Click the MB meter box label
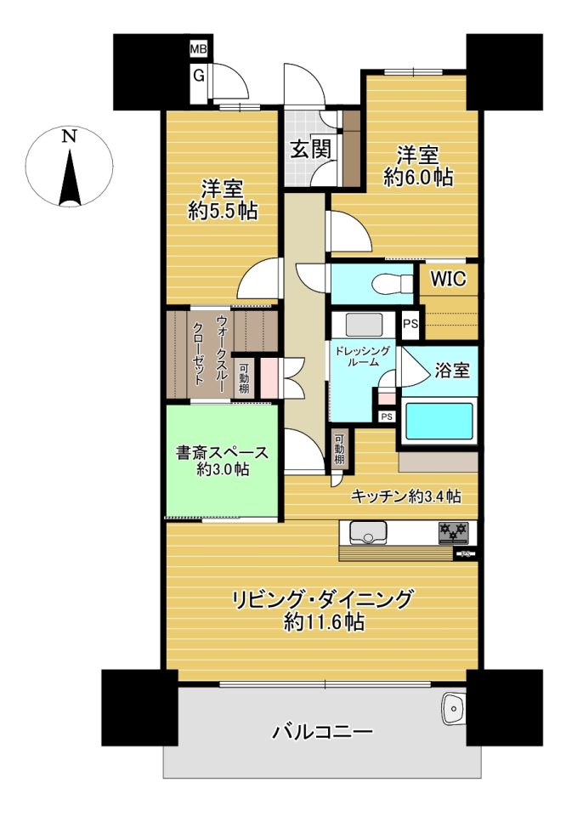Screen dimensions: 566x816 click(x=198, y=50)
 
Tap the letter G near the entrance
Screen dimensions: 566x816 click(x=199, y=76)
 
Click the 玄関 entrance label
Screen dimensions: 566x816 click(x=310, y=150)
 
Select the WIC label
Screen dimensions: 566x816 click(x=449, y=279)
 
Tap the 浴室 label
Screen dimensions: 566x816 click(x=452, y=370)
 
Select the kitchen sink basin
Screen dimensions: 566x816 click(x=369, y=532)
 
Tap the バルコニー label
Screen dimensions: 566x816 click(x=323, y=733)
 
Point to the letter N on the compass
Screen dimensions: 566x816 click(x=69, y=136)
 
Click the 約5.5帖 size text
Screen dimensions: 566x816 click(x=222, y=211)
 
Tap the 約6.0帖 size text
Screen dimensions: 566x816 click(x=418, y=178)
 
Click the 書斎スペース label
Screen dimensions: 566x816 click(x=222, y=452)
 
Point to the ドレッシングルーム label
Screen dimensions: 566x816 click(x=362, y=356)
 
